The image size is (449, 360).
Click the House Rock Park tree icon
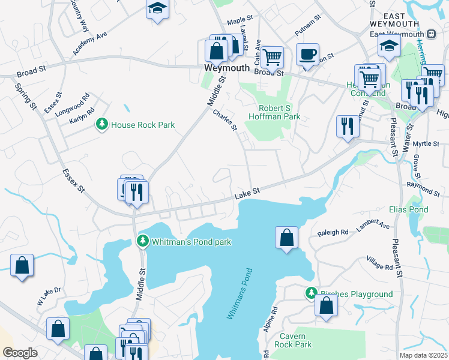coord(102,124)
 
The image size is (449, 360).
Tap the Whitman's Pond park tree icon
coord(142,241)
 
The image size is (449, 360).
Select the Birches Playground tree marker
coord(311,293)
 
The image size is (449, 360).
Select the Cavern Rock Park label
coord(293,341)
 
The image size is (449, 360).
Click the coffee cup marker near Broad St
coord(308,54)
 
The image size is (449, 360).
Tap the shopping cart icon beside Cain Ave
coord(273,58)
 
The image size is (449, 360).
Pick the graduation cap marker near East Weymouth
coord(390,46)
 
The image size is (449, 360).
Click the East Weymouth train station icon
coord(431,34)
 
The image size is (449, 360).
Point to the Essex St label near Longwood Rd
coord(52,103)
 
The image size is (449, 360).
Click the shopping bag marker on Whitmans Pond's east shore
coord(287,236)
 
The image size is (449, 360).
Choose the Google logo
coord(20,353)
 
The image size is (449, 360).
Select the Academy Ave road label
coord(89,44)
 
